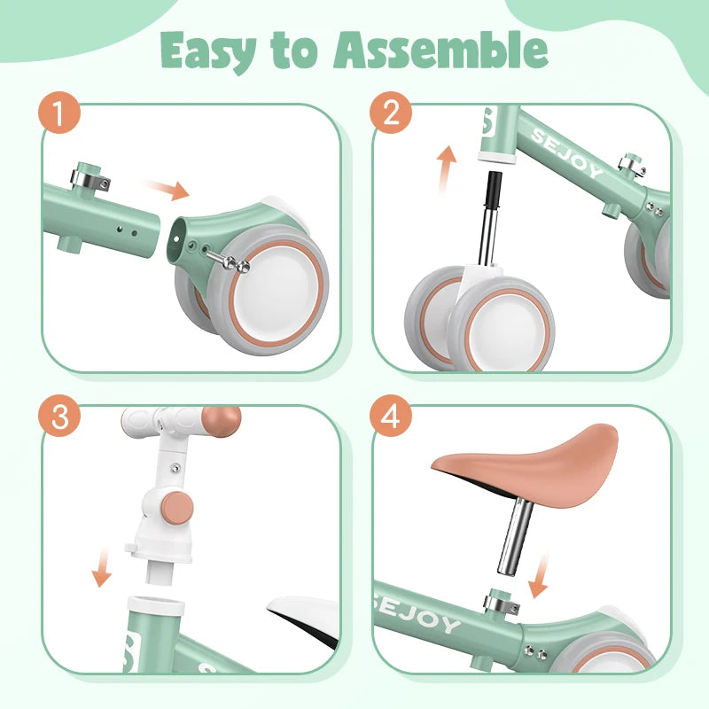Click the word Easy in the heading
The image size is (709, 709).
[x=208, y=51]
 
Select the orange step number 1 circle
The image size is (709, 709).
[x=59, y=113]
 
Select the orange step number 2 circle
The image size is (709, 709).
[x=391, y=113]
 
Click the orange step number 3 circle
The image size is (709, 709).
[x=59, y=415]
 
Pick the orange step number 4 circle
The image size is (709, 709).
[x=391, y=415]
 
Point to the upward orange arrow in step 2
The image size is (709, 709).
[x=446, y=169]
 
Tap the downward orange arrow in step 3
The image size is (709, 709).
[x=103, y=566]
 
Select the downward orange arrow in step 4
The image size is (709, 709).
[x=540, y=575]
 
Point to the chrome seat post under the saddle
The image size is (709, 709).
[x=516, y=536]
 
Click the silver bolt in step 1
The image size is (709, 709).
[x=229, y=261]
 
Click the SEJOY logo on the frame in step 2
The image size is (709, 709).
[x=567, y=152]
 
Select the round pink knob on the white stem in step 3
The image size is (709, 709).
[x=178, y=509]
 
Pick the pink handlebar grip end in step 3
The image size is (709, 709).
[x=221, y=422]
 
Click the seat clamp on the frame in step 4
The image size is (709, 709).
[x=501, y=603]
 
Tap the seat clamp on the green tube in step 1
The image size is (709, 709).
[x=90, y=177]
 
